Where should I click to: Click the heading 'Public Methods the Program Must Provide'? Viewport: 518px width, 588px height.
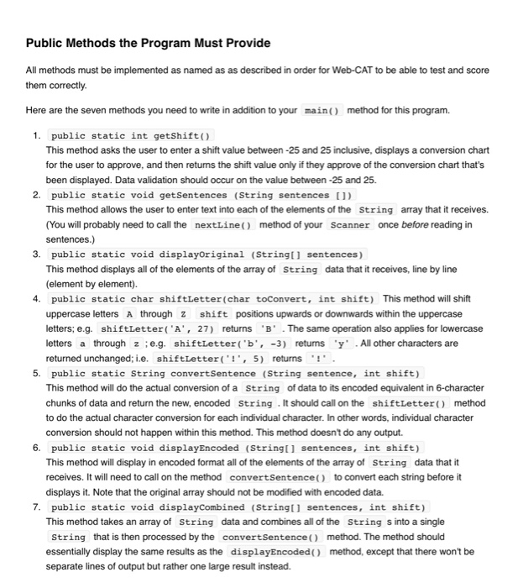pos(148,43)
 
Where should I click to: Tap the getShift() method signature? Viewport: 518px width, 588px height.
pos(132,135)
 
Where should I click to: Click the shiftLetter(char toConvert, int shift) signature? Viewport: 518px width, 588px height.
pos(214,298)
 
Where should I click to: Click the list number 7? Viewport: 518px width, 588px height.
pos(36,507)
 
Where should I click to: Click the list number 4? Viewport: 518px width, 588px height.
pos(36,298)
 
